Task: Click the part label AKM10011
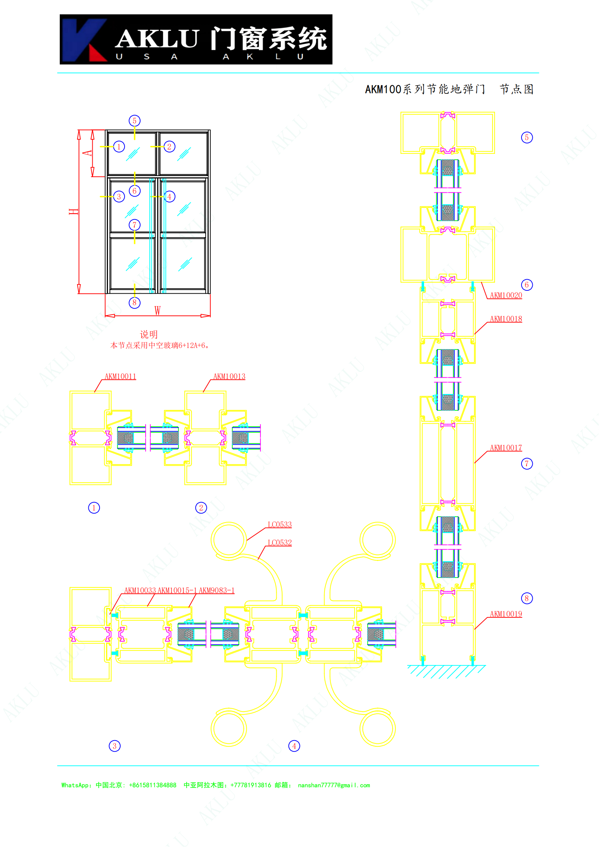tap(120, 376)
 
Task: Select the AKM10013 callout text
tap(229, 376)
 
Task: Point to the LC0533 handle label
tap(280, 524)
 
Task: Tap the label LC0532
tap(280, 542)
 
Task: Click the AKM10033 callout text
tap(140, 590)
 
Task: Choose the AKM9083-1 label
tap(217, 590)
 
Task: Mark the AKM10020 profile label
tap(506, 295)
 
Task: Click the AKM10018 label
tap(506, 319)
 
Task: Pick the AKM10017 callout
tap(506, 448)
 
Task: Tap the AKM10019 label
tap(506, 614)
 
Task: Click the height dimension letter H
tap(74, 211)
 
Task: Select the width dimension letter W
tap(158, 311)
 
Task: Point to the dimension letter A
tap(87, 153)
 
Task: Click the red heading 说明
tap(148, 334)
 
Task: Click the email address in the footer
tap(334, 785)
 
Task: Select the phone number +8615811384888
tap(153, 785)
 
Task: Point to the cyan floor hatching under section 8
tap(446, 671)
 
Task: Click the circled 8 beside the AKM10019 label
tap(527, 598)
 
